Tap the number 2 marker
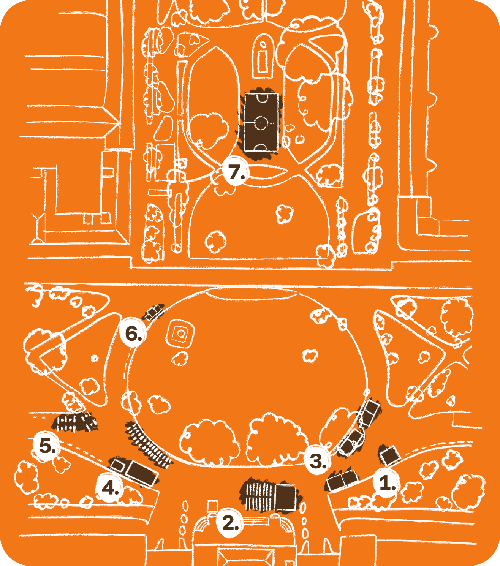230,523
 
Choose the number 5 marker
47,446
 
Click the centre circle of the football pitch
261,122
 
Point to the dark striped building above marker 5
74,422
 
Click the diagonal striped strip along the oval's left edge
148,444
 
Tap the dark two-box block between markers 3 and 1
341,480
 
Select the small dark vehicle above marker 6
154,312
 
